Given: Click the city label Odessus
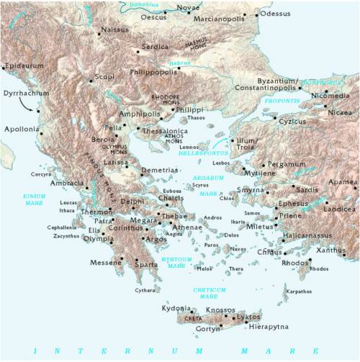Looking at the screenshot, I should point(276,13).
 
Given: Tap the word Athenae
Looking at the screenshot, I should point(187,226).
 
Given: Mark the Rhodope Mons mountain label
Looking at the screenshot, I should point(166,101).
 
